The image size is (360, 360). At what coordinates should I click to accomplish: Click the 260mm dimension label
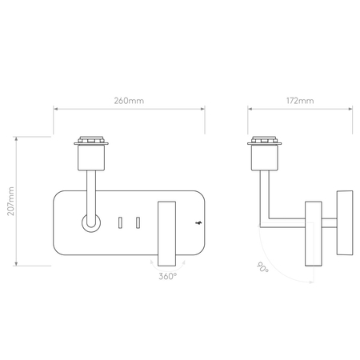pyautogui.click(x=128, y=102)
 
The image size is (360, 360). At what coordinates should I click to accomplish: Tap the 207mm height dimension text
pyautogui.click(x=11, y=203)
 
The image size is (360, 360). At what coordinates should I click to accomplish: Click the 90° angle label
pyautogui.click(x=262, y=269)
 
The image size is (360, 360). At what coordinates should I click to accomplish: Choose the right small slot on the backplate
pyautogui.click(x=138, y=222)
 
